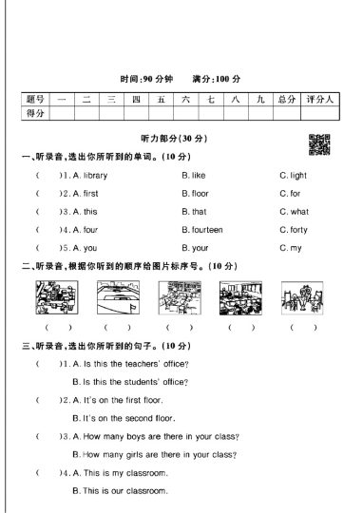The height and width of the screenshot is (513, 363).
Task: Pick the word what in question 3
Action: [x=298, y=212]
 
